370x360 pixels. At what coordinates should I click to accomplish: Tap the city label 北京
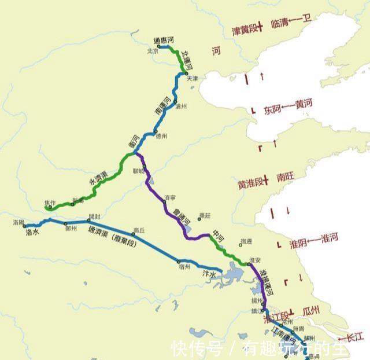click(x=153, y=51)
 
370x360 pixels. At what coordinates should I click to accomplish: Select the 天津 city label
click(x=191, y=78)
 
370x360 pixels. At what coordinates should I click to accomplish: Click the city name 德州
click(x=161, y=136)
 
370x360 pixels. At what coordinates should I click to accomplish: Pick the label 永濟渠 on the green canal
click(x=98, y=181)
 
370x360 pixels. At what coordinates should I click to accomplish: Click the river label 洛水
click(x=32, y=232)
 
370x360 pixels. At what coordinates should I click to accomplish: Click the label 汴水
click(x=209, y=273)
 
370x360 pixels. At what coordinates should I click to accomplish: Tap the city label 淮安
click(x=254, y=259)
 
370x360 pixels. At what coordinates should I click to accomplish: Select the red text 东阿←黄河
click(x=288, y=107)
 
